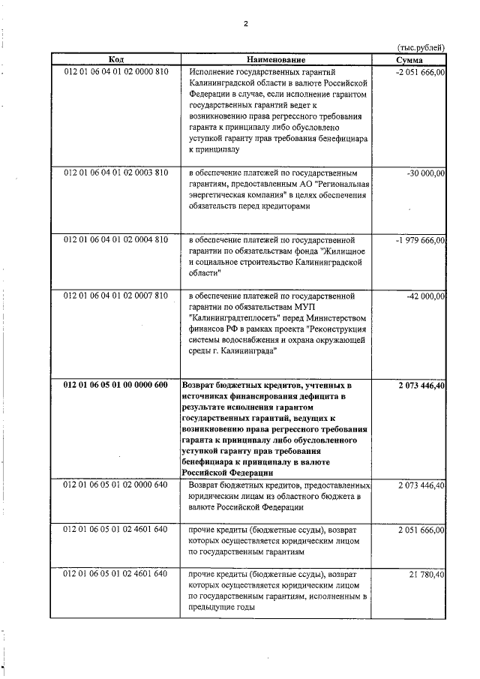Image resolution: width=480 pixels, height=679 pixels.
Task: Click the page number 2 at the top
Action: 245,23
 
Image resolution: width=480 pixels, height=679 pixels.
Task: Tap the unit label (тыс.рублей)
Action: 420,47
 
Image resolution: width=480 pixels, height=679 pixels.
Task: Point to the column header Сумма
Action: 409,59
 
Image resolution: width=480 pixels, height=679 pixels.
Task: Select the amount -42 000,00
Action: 424,296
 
